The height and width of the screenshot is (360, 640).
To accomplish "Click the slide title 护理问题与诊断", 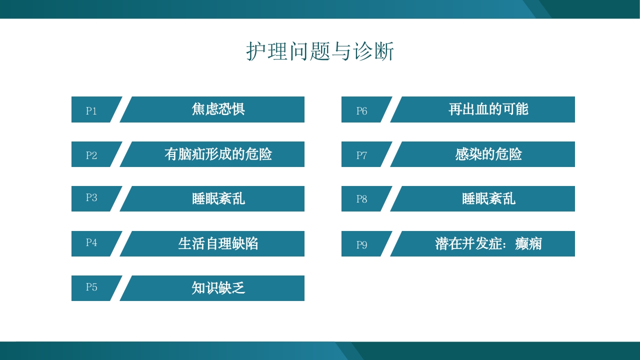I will pyautogui.click(x=320, y=51).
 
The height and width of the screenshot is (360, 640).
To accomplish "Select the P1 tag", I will pyautogui.click(x=91, y=110).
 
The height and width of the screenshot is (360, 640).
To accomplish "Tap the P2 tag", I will pyautogui.click(x=91, y=155).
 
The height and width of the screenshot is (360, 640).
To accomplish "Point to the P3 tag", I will pyautogui.click(x=91, y=197).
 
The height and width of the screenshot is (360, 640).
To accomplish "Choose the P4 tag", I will pyautogui.click(x=91, y=242).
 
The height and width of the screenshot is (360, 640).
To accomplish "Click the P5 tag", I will pyautogui.click(x=91, y=287).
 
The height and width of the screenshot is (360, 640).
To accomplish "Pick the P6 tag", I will pyautogui.click(x=361, y=110).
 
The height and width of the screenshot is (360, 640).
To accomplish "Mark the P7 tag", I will pyautogui.click(x=361, y=155).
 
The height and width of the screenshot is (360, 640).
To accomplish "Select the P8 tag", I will pyautogui.click(x=361, y=198).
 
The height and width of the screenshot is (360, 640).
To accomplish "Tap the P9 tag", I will pyautogui.click(x=361, y=244).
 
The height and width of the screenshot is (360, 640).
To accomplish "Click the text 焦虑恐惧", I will pyautogui.click(x=218, y=109).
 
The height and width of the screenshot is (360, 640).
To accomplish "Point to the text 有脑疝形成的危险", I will pyautogui.click(x=218, y=154).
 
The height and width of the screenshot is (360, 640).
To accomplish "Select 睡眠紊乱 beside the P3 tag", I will pyautogui.click(x=218, y=198).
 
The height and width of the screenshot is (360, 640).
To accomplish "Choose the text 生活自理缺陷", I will pyautogui.click(x=218, y=243).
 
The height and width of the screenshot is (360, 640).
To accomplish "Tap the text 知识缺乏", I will pyautogui.click(x=218, y=288).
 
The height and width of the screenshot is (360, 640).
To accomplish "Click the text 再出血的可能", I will pyautogui.click(x=488, y=109).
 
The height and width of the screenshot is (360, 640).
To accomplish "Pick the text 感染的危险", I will pyautogui.click(x=488, y=154).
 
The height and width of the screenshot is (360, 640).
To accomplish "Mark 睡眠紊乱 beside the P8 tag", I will pyautogui.click(x=488, y=198).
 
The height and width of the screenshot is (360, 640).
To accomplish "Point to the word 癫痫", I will pyautogui.click(x=528, y=243).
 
